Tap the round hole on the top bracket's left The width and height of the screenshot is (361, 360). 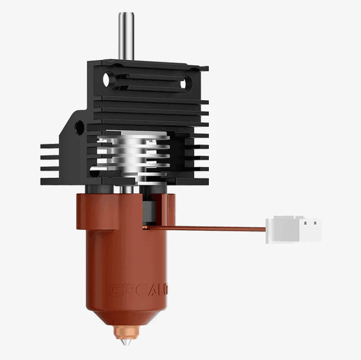pyautogui.click(x=110, y=80)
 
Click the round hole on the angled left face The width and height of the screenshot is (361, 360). pyautogui.click(x=79, y=127)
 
